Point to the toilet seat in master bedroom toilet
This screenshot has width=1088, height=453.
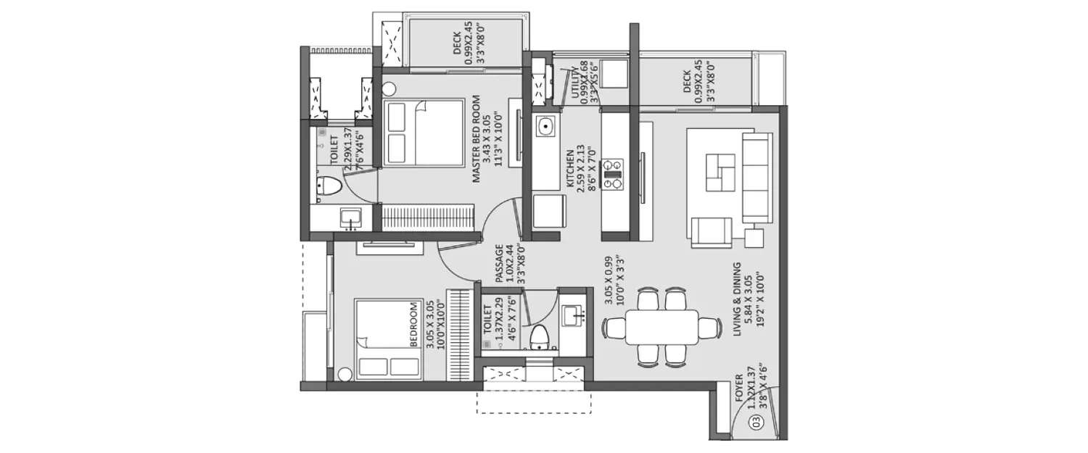[329, 186]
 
